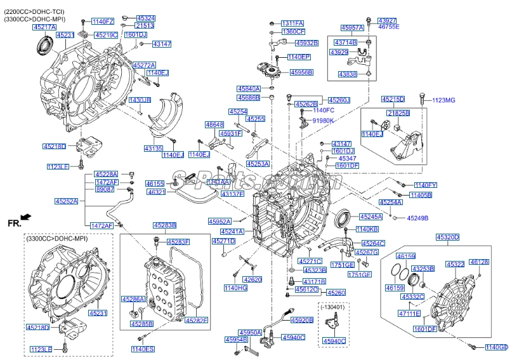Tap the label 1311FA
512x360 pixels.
coord(292,23)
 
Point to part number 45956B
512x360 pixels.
coord(301,73)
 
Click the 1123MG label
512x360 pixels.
coord(443,100)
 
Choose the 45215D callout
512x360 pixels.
coord(393,100)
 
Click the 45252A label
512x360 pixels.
coord(66,201)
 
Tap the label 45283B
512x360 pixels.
coord(164,225)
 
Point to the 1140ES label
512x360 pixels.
coord(143,349)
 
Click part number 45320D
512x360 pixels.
coord(447,237)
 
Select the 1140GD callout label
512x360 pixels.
coord(496,347)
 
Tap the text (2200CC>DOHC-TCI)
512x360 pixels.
coord(34,11)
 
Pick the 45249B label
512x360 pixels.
coord(417,218)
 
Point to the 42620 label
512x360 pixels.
coord(253,279)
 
